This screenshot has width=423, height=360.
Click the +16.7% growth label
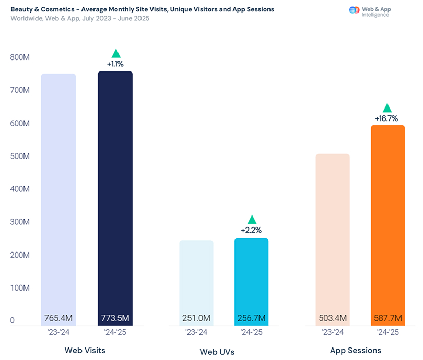[x=387, y=119]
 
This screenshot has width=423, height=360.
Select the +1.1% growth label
[x=115, y=64]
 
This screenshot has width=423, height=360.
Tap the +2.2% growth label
[x=251, y=230]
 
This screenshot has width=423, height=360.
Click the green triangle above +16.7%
[x=387, y=108]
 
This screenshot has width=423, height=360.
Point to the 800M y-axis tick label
[x=19, y=57]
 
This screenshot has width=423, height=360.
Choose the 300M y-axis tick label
[x=19, y=222]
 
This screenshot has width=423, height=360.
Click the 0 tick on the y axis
[x=13, y=321]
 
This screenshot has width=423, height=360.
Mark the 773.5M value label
[x=115, y=318]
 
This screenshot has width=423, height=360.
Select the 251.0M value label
[x=196, y=318]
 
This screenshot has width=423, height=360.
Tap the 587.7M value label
[x=387, y=318]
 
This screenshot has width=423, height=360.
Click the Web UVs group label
[x=217, y=352]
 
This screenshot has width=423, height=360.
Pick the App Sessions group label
[x=355, y=350]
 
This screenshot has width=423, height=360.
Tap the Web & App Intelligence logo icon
[x=354, y=10]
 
